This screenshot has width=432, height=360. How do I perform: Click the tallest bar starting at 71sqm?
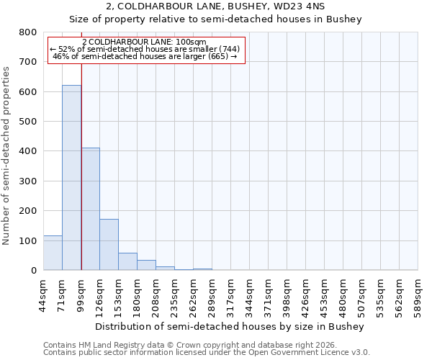click(x=71, y=178)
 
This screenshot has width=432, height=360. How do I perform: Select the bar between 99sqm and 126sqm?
click(x=90, y=209)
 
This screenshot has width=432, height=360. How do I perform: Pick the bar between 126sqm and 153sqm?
click(x=109, y=245)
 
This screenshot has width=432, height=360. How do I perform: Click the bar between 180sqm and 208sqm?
click(x=146, y=265)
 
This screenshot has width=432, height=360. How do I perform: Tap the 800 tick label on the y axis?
click(x=27, y=32)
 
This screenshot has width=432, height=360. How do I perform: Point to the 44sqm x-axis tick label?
click(x=44, y=294)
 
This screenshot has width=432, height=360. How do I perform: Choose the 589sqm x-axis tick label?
click(x=418, y=294)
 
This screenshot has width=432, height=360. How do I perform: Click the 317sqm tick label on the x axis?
click(x=231, y=294)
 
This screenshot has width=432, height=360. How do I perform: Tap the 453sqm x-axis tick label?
click(x=325, y=294)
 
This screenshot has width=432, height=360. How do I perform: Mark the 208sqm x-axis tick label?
click(x=156, y=294)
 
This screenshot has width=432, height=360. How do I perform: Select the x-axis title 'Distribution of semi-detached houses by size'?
click(x=230, y=326)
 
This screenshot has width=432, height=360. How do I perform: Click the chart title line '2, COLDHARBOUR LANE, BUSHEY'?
click(x=215, y=6)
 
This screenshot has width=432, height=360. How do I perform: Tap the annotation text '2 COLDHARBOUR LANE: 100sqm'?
click(x=145, y=42)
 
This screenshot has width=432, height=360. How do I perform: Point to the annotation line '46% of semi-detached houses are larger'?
click(x=145, y=56)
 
